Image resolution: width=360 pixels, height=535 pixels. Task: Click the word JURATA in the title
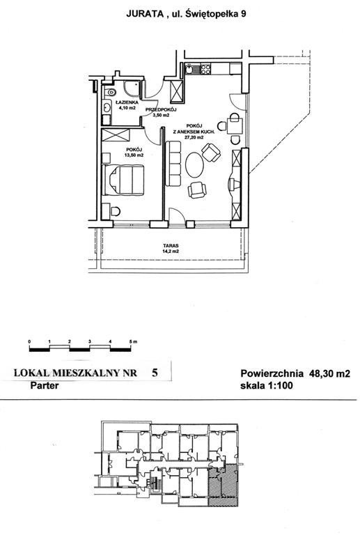click(x=145, y=14)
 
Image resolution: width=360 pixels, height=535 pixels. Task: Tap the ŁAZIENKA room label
click(x=127, y=102)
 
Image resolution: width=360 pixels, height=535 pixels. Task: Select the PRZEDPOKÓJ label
click(x=161, y=109)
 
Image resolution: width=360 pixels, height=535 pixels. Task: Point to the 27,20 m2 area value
click(x=194, y=137)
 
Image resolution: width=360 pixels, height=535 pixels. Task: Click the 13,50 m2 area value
click(x=134, y=155)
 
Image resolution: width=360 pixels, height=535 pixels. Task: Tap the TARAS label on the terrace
click(x=171, y=245)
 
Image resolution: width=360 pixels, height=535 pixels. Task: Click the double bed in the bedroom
click(x=123, y=180)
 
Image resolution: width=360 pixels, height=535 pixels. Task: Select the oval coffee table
click(x=194, y=165)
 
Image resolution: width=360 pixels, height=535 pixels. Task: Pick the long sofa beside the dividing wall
click(x=173, y=164)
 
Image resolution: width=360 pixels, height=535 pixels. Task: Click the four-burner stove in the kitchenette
click(x=205, y=69)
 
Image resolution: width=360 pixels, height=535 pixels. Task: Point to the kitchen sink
click(x=189, y=69)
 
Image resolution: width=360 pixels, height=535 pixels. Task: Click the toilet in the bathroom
click(x=110, y=92)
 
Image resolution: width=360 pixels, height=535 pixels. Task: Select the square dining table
click(x=235, y=126)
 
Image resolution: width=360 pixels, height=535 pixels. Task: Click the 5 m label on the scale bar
click(x=133, y=341)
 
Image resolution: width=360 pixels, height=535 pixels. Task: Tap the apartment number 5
click(x=155, y=373)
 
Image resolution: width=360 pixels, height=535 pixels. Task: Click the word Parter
click(x=45, y=385)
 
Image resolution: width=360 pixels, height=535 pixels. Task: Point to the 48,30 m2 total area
click(x=329, y=373)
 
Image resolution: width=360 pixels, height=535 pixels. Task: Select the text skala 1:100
click(x=267, y=386)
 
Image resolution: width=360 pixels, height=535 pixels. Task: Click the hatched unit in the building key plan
click(x=223, y=485)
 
